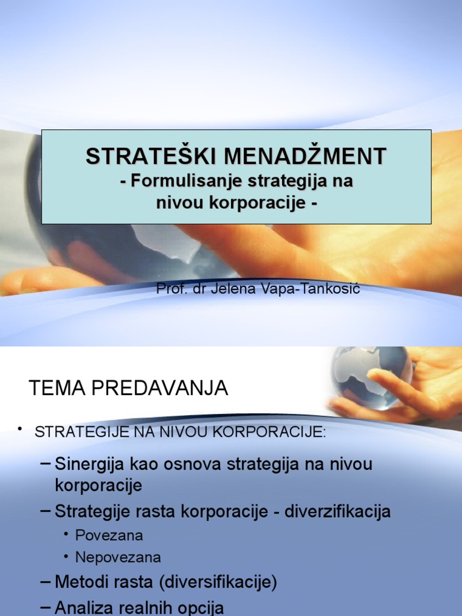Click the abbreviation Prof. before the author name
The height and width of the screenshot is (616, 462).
(x=170, y=289)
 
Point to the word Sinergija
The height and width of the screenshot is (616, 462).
(x=88, y=464)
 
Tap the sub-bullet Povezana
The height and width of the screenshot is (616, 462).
(x=109, y=535)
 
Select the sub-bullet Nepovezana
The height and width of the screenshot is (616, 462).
(x=119, y=557)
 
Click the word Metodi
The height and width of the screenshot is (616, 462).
(x=79, y=582)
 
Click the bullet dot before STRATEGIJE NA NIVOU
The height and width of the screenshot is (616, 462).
(x=20, y=428)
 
